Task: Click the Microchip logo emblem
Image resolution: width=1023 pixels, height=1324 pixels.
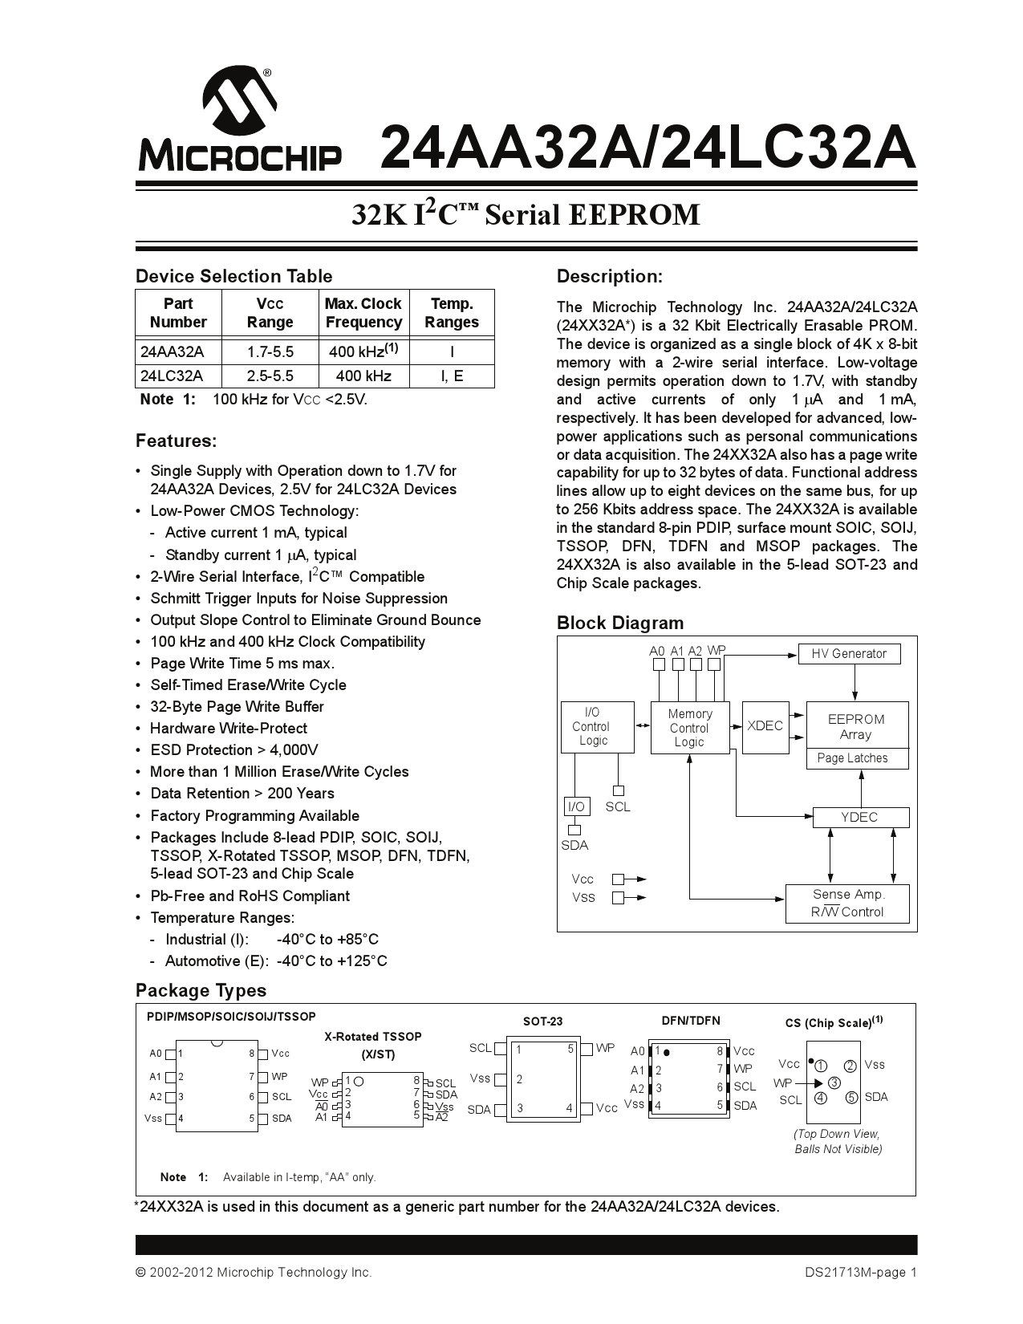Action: pyautogui.click(x=239, y=102)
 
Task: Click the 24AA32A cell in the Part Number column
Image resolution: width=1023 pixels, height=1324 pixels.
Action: pyautogui.click(x=173, y=351)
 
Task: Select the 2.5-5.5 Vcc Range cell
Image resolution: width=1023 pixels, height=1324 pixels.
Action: pyautogui.click(x=270, y=376)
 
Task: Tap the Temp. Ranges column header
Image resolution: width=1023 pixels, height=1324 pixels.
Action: pyautogui.click(x=452, y=313)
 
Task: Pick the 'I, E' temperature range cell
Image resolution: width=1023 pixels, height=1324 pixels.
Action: pyautogui.click(x=452, y=376)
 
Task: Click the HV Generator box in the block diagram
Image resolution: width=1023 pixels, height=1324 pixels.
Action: pyautogui.click(x=849, y=653)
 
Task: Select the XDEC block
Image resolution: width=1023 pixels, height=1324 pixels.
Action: pyautogui.click(x=765, y=725)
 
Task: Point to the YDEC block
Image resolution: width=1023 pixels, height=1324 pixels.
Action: pyautogui.click(x=859, y=817)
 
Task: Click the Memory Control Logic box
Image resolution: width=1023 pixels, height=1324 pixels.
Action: pyautogui.click(x=689, y=728)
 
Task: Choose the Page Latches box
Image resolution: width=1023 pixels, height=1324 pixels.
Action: pyautogui.click(x=852, y=757)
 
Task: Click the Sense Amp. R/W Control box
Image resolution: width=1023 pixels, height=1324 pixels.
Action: pyautogui.click(x=847, y=903)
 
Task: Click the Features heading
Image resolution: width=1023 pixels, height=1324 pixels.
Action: pyautogui.click(x=176, y=441)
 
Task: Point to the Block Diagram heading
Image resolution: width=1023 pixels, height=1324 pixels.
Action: pyautogui.click(x=619, y=623)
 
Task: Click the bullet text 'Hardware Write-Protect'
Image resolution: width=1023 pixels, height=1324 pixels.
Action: pyautogui.click(x=229, y=728)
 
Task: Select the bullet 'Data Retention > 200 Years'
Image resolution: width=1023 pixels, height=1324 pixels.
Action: pyautogui.click(x=242, y=793)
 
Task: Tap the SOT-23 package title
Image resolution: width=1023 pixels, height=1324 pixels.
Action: pyautogui.click(x=542, y=1021)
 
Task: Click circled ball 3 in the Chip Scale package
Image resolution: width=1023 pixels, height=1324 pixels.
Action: pyautogui.click(x=834, y=1082)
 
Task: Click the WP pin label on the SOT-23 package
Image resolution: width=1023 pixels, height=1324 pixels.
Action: pyautogui.click(x=605, y=1048)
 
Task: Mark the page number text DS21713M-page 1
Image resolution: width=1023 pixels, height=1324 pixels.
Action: pyautogui.click(x=861, y=1272)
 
